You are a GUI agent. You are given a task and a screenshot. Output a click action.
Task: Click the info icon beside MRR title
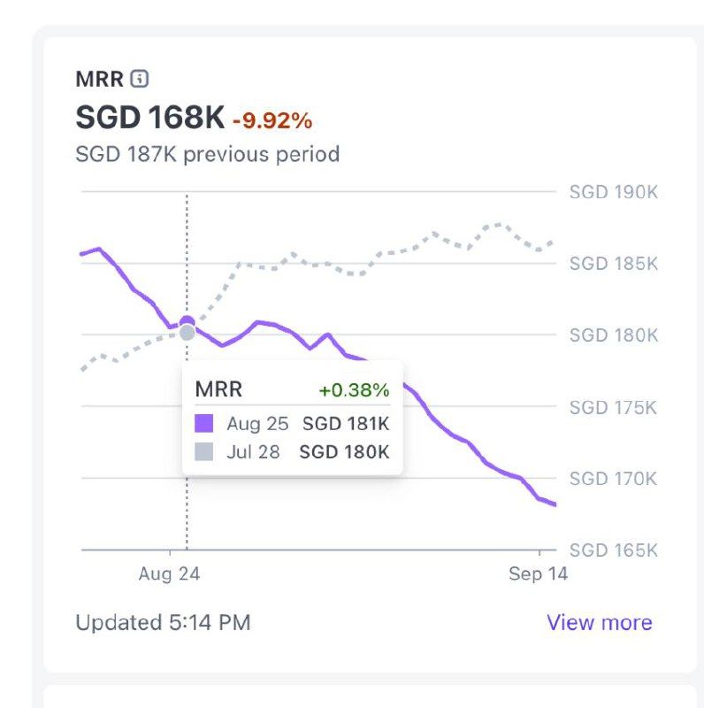139,79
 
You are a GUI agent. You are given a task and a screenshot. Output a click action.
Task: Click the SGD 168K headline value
150,117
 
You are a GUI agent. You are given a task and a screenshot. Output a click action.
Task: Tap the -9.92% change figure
272,119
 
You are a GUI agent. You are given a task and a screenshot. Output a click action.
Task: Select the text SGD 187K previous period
208,154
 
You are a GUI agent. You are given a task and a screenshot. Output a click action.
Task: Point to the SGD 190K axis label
613,192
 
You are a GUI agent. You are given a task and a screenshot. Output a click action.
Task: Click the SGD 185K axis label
613,264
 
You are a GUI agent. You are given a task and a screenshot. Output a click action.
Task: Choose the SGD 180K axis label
613,335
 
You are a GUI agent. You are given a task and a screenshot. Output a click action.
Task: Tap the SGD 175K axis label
613,407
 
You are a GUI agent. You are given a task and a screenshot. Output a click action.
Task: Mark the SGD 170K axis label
613,479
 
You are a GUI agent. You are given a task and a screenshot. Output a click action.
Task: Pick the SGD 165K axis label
613,550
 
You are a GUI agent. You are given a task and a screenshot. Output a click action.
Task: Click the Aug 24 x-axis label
169,574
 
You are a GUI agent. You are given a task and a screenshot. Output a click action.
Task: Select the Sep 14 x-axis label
538,574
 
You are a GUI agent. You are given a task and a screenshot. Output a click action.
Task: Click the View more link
599,622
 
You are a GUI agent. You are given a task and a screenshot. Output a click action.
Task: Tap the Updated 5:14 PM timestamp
163,622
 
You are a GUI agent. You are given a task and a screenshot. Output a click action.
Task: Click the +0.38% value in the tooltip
354,390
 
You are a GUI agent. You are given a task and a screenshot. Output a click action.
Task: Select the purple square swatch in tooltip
203,424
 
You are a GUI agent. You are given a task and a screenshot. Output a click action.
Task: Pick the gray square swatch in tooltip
203,452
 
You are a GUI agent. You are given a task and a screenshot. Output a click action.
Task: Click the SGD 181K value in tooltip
346,424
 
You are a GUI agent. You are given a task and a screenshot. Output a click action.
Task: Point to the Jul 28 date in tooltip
253,452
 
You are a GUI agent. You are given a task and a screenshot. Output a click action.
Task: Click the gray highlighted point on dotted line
187,333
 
